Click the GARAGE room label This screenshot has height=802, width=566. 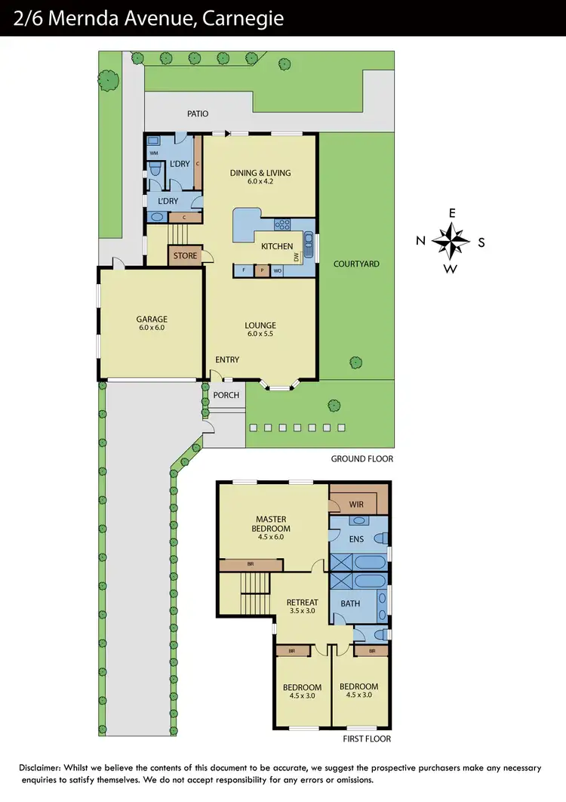tap(152, 319)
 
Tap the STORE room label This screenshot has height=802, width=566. tap(185, 256)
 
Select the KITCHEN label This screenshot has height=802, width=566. tap(277, 247)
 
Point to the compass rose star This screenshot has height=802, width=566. tap(451, 242)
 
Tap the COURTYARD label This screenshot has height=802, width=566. tap(356, 264)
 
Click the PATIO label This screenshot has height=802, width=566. tap(198, 114)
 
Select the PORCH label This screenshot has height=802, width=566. tap(226, 395)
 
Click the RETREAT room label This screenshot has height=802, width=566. tap(303, 602)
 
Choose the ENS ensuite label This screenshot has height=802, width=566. tap(356, 539)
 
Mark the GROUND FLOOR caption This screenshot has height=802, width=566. tap(362, 458)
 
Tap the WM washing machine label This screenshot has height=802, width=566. tap(153, 153)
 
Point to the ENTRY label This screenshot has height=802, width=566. tap(227, 359)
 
